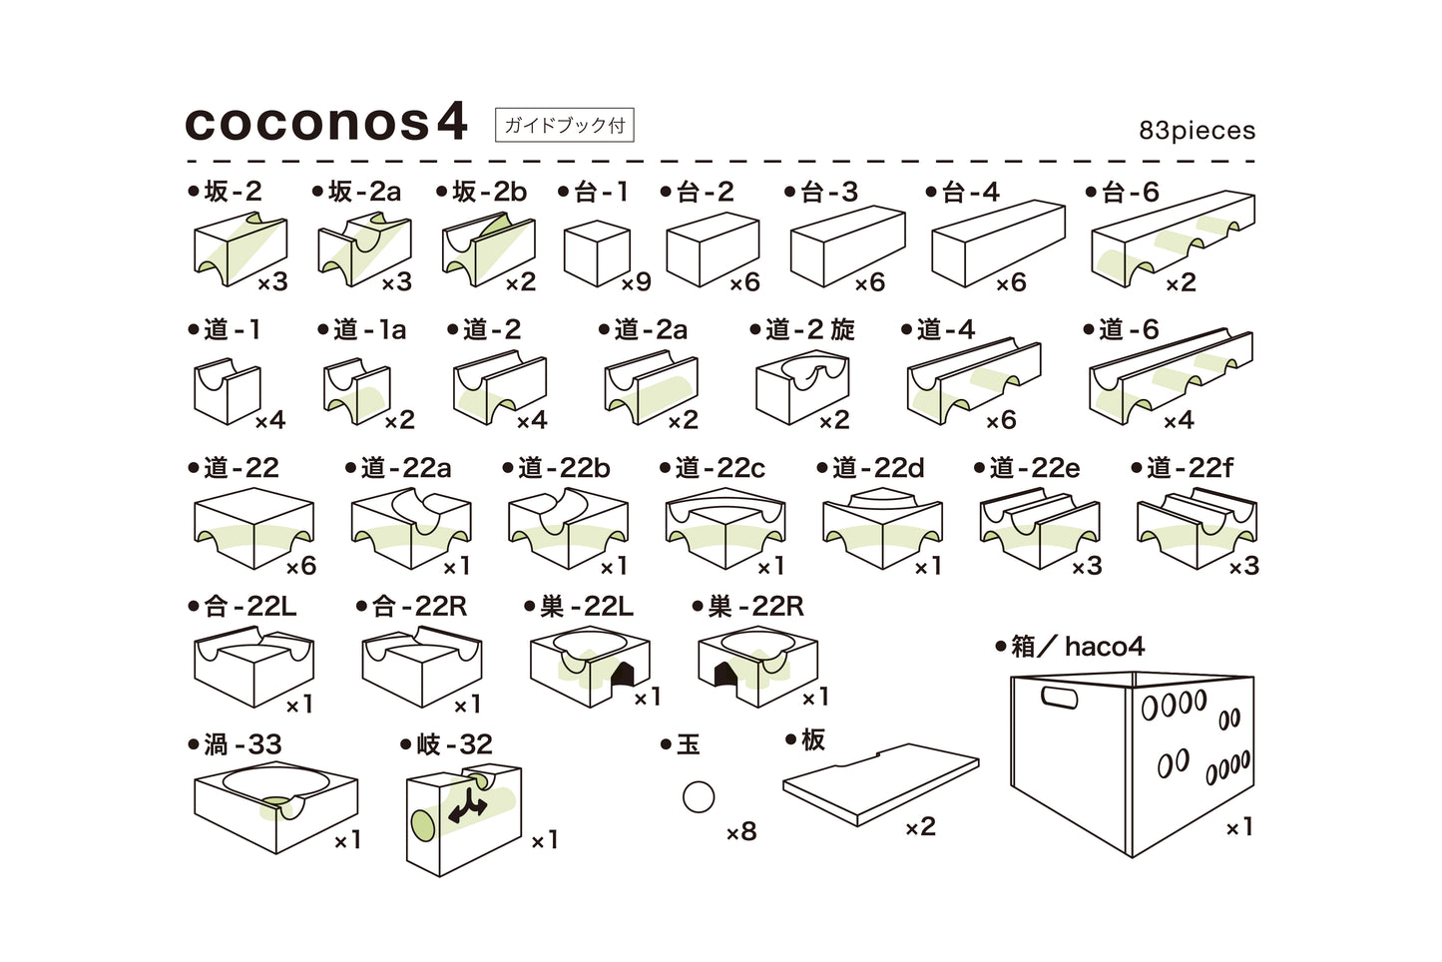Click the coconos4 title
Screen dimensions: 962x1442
[326, 123]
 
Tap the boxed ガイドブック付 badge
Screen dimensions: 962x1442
[564, 125]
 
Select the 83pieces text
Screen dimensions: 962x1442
[1197, 131]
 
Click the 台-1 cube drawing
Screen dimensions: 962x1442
[596, 253]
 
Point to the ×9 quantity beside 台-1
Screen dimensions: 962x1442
[636, 282]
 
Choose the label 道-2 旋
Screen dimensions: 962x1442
[803, 329]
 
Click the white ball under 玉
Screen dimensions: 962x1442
[699, 796]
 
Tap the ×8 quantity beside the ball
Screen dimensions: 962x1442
[741, 831]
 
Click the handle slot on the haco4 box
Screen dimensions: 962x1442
[1059, 697]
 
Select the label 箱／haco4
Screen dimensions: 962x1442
[1070, 647]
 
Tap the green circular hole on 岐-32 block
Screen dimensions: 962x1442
[422, 825]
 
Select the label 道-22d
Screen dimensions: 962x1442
[871, 468]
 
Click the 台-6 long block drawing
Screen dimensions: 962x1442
[1172, 240]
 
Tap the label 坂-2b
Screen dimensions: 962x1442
[482, 192]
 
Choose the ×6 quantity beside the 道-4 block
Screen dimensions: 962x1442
[1001, 420]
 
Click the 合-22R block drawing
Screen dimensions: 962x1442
[421, 665]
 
